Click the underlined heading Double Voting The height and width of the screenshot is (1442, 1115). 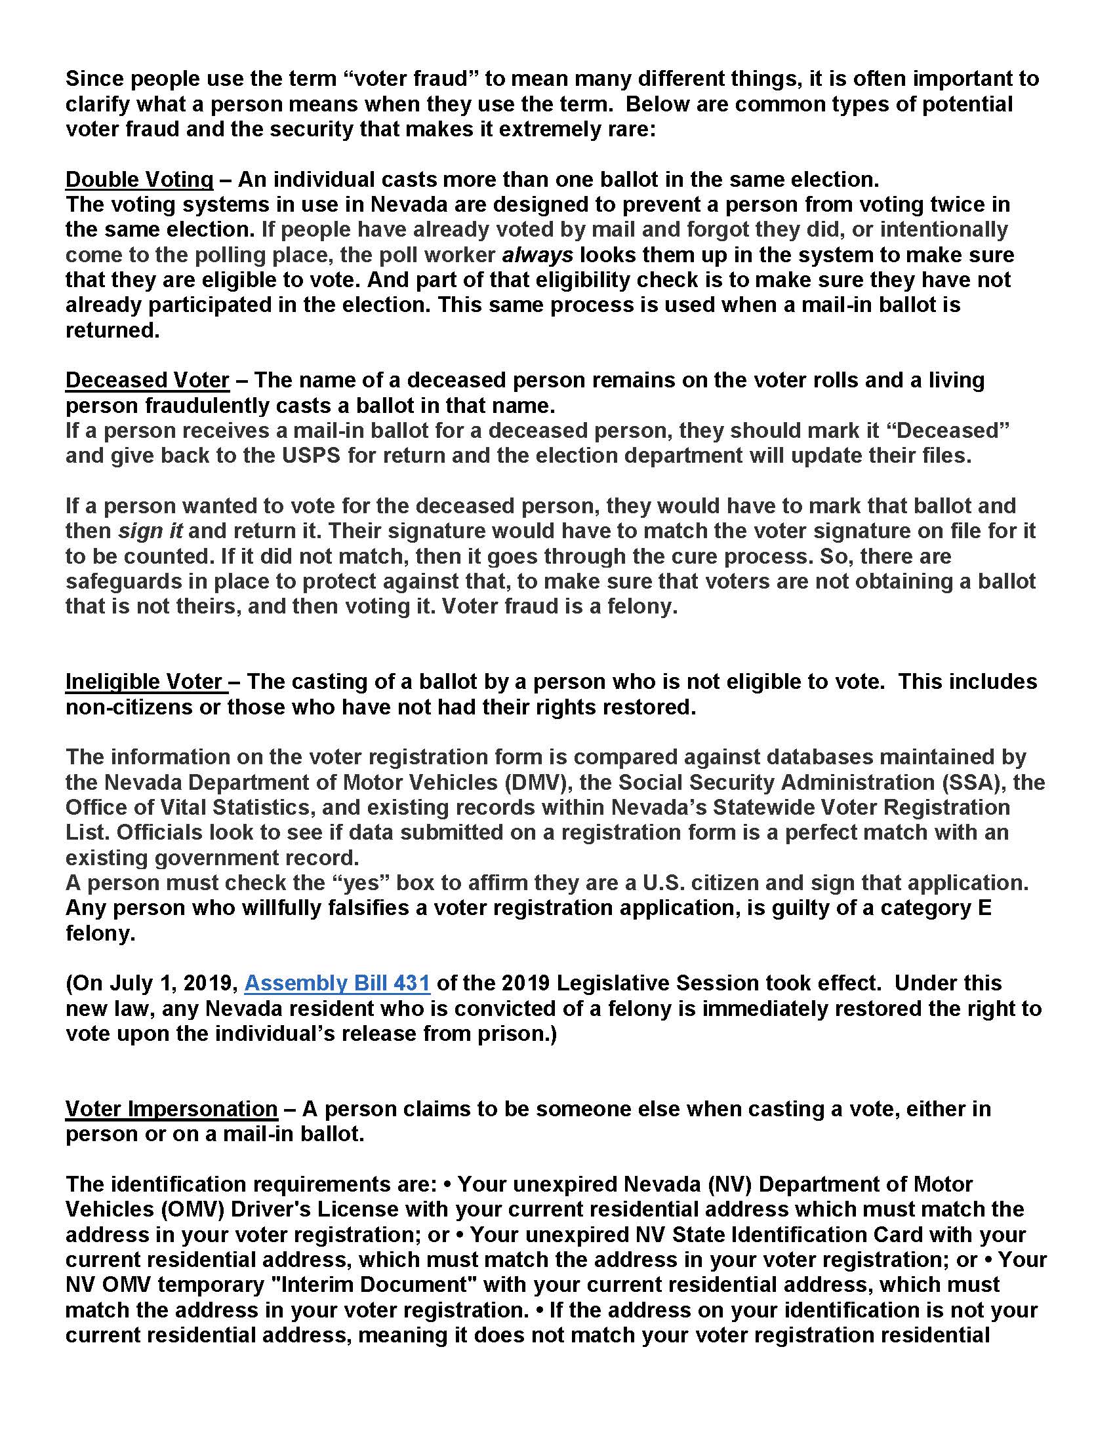[139, 180]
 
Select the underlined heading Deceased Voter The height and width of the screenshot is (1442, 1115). [148, 380]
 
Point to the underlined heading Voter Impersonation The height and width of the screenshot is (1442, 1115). [171, 1108]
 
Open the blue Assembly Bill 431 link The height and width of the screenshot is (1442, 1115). [337, 983]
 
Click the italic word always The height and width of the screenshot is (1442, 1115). [538, 255]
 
